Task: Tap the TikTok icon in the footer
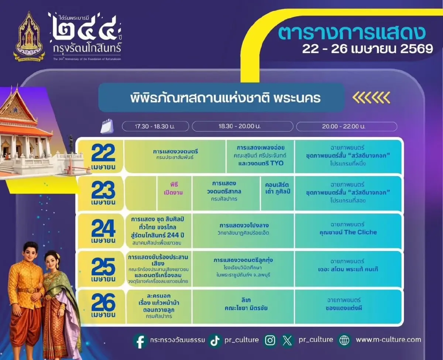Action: [x=215, y=340]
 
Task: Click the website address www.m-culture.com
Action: [x=388, y=340]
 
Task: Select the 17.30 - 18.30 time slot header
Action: [x=155, y=126]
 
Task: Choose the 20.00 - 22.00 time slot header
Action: [x=346, y=126]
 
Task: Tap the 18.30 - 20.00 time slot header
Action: [x=243, y=126]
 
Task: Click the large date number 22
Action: [x=103, y=152]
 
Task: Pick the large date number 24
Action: [x=103, y=229]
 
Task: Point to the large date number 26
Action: [x=103, y=303]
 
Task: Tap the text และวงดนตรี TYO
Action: [x=261, y=163]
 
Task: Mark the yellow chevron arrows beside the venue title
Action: [x=371, y=97]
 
